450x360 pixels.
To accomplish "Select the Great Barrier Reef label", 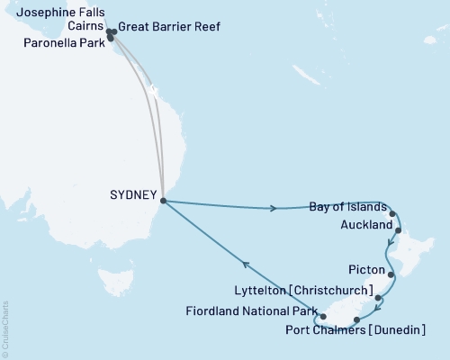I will click(x=169, y=28).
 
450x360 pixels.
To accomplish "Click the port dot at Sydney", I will click(x=163, y=201).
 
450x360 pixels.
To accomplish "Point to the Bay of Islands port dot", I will click(x=393, y=214).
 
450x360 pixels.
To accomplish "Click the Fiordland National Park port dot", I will click(x=323, y=317).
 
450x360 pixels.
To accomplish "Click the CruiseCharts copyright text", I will click(x=5, y=329).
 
